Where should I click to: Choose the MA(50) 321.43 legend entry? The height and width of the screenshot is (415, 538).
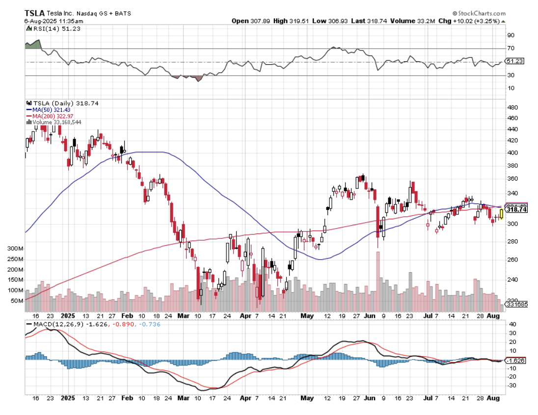point(53,109)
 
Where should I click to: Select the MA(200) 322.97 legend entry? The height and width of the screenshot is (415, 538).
point(54,116)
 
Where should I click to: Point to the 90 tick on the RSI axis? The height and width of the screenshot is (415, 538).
point(511,35)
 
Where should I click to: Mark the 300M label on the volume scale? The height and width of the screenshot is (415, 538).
point(15,249)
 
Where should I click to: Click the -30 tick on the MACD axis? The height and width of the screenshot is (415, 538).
point(512,386)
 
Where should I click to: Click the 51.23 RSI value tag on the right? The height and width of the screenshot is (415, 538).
point(515,61)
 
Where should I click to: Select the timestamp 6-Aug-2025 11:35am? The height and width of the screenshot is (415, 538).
point(54,21)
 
